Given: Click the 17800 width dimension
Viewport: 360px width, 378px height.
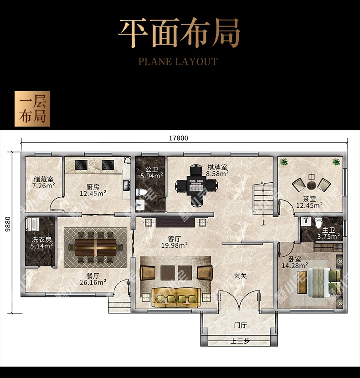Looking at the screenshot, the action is [178, 138].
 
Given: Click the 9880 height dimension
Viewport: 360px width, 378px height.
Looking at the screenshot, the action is [8, 224].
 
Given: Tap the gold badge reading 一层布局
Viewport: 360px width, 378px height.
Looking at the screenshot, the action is [32, 109].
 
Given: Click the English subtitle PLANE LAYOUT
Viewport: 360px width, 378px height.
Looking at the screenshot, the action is [178, 61].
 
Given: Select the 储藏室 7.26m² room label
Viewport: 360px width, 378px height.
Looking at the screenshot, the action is [44, 183].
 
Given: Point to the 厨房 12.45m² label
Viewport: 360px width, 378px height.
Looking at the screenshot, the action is [93, 190].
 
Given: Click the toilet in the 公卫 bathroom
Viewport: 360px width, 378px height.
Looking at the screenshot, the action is [142, 192].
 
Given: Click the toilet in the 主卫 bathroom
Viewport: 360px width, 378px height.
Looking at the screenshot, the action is [319, 223].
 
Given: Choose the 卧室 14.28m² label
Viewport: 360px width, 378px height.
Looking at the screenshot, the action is [295, 262].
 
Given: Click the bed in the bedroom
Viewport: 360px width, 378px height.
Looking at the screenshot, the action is [324, 282].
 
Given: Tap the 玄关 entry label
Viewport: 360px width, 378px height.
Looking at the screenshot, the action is [240, 276].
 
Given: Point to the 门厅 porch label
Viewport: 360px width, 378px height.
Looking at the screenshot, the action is [240, 326].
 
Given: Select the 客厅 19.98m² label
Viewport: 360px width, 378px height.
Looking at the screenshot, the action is [175, 242].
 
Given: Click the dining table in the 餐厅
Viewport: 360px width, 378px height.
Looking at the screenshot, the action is [96, 247].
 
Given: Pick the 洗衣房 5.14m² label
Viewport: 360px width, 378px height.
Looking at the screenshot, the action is [41, 243].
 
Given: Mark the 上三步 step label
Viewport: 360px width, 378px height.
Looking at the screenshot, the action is [240, 342].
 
